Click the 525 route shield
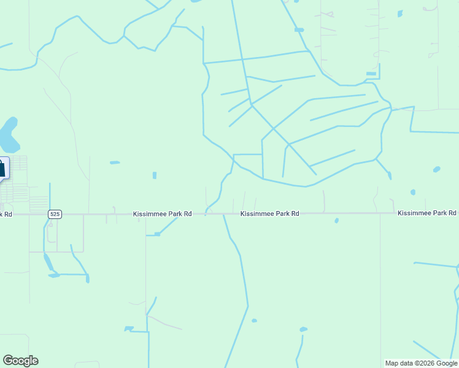55,214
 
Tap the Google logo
20,361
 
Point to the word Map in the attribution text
392,363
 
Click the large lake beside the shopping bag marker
9,136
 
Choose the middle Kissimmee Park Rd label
269,213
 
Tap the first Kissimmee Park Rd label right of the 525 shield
163,214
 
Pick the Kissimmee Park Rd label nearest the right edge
426,213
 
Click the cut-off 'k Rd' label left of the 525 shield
6,214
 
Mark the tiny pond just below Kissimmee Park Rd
336,220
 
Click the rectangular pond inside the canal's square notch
371,74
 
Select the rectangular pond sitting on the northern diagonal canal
299,29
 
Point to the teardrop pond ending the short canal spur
390,175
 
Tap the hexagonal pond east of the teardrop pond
436,169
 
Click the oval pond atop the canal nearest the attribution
303,329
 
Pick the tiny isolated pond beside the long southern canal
254,320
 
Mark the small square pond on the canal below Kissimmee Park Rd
158,234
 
